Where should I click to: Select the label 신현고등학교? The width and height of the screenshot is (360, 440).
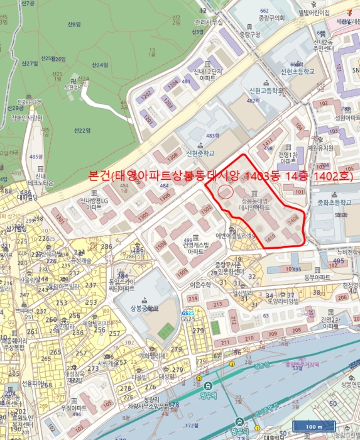(265, 90)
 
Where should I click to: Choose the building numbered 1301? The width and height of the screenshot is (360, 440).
(60, 220)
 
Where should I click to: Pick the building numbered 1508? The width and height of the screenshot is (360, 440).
(161, 244)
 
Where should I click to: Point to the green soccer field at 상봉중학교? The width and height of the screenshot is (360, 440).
(166, 330)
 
